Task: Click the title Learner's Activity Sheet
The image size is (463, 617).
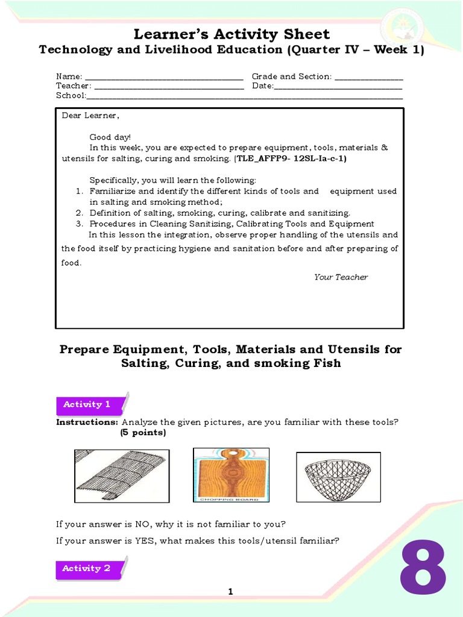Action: click(x=231, y=34)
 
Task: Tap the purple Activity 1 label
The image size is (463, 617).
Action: click(x=88, y=405)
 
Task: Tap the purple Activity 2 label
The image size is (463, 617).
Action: click(x=88, y=568)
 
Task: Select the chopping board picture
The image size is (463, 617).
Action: click(x=231, y=475)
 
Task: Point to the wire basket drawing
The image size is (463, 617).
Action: click(x=338, y=477)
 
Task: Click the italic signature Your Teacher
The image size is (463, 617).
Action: click(x=341, y=277)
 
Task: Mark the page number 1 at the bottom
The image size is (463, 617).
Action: click(x=230, y=592)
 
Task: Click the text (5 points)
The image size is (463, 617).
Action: click(x=143, y=433)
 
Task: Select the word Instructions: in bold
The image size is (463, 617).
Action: click(x=87, y=422)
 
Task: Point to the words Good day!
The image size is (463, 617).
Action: click(x=110, y=137)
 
